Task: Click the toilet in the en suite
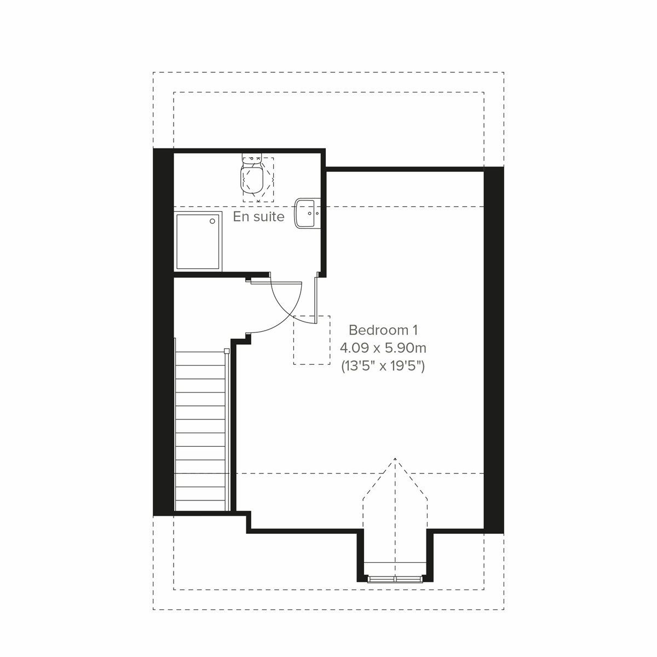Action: pyautogui.click(x=252, y=178)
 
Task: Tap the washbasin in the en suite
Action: pyautogui.click(x=306, y=213)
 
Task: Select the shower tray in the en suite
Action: pyautogui.click(x=198, y=241)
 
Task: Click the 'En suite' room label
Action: pyautogui.click(x=258, y=217)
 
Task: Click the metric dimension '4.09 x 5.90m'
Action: pyautogui.click(x=383, y=348)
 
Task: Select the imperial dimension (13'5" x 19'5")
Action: pyautogui.click(x=383, y=366)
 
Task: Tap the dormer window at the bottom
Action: pyautogui.click(x=395, y=578)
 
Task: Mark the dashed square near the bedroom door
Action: pyautogui.click(x=312, y=340)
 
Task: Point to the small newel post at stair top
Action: pyautogui.click(x=227, y=350)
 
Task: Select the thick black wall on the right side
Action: pyautogui.click(x=493, y=350)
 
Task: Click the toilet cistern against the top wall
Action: pyautogui.click(x=252, y=160)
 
